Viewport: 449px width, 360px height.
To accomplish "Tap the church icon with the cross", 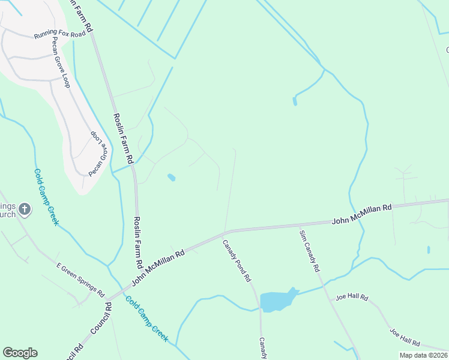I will pos(25,209).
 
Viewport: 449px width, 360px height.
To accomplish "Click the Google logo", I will pos(20,353).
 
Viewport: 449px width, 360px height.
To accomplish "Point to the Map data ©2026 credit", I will pos(423,355).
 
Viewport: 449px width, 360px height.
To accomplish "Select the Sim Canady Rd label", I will pos(309,250).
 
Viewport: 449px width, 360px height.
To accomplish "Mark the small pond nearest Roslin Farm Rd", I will pos(171,178).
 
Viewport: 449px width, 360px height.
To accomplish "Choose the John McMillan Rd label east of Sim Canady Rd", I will pos(361,214).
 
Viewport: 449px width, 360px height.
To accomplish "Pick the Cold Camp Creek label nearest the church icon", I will pos(46,197).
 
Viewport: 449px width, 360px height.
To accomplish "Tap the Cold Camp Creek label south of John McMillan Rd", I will pos(147,318).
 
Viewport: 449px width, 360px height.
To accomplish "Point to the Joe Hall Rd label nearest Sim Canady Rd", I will pos(352,297).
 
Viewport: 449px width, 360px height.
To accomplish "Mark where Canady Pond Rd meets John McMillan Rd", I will pos(225,232).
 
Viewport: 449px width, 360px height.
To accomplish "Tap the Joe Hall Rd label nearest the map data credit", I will pos(405,338).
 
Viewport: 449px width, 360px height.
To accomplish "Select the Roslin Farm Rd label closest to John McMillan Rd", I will pos(137,242).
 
